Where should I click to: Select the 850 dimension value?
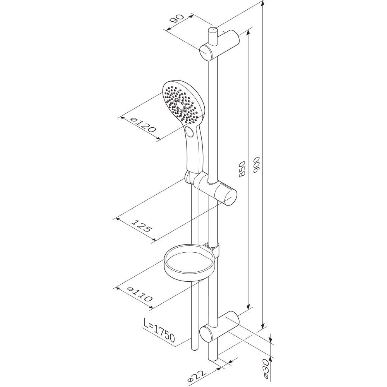[x=242, y=169]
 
